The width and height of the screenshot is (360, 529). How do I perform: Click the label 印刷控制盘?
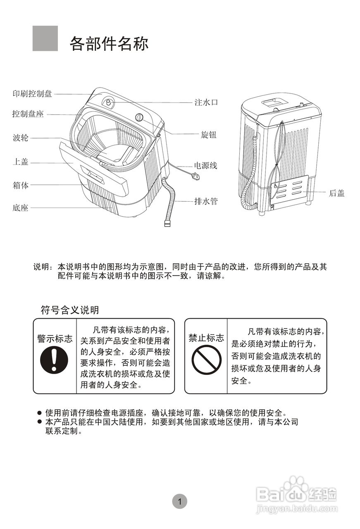(32, 94)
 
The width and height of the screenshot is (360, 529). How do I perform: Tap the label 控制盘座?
(28, 114)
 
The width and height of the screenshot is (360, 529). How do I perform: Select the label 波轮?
(20, 138)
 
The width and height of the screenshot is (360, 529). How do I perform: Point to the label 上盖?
(20, 162)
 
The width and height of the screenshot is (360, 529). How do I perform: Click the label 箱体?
(20, 185)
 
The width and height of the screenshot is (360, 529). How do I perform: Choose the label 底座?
(20, 208)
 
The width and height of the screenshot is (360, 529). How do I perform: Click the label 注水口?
(205, 102)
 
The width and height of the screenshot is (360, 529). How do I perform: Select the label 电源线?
(205, 166)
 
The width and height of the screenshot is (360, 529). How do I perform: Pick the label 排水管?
(205, 201)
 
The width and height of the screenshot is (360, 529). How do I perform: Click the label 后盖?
(336, 193)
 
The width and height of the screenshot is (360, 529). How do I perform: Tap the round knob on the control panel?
(140, 118)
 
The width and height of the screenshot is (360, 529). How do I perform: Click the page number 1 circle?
(180, 501)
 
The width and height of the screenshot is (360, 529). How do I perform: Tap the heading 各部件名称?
(109, 43)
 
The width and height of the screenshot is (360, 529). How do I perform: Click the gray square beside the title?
(45, 38)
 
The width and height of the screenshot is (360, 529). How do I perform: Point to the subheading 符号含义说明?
(69, 310)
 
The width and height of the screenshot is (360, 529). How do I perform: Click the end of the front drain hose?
(167, 224)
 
